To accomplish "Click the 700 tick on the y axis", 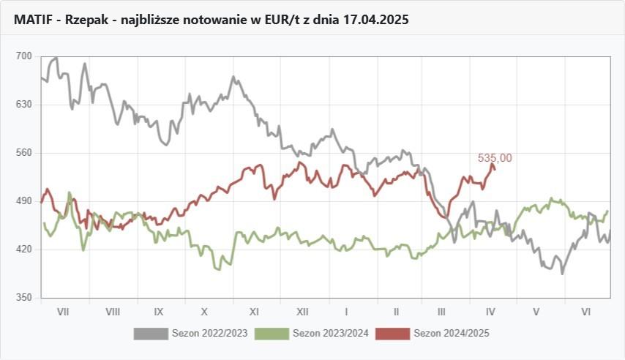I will click(x=24, y=56).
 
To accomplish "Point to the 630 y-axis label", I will click(x=24, y=105).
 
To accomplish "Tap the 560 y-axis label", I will click(x=24, y=153).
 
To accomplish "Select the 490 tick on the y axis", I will click(x=24, y=201).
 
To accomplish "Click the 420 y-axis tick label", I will click(x=24, y=250).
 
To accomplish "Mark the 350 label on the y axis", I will click(x=24, y=298).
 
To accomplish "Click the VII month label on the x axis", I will click(x=63, y=312).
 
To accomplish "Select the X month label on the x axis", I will click(x=205, y=312).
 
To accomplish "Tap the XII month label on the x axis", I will click(x=302, y=312).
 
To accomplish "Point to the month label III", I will click(x=441, y=312).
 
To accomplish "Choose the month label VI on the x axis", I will click(x=585, y=312).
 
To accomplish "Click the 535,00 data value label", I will click(x=495, y=157).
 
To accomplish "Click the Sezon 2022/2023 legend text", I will click(x=210, y=334).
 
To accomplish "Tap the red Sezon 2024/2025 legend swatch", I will click(x=393, y=334).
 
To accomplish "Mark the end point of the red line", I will click(x=495, y=169).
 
